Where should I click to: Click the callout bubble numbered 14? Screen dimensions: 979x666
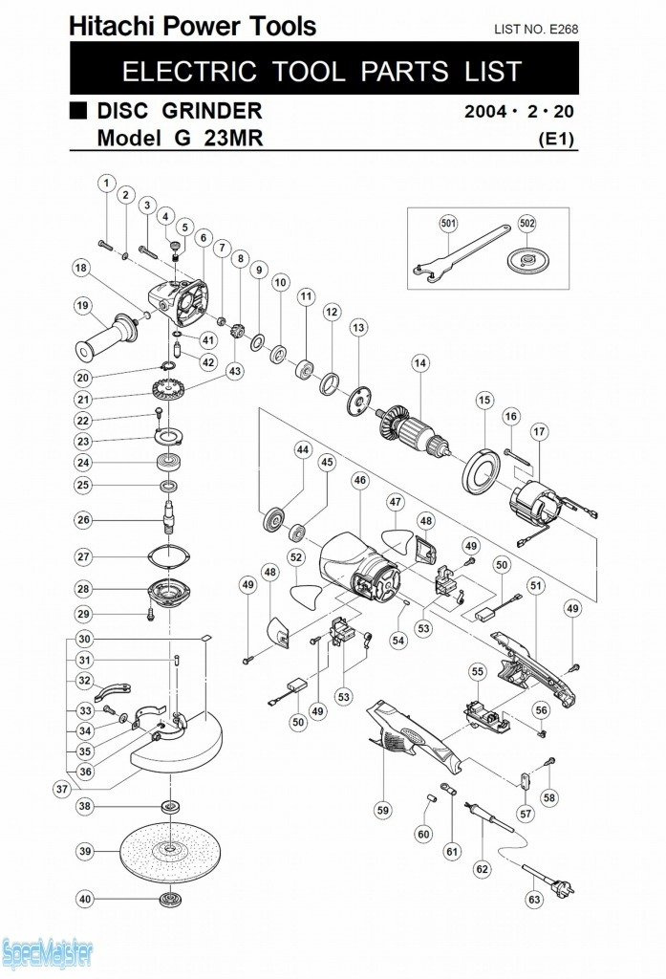pyautogui.click(x=419, y=362)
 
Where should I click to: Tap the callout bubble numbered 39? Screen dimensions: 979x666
pyautogui.click(x=84, y=850)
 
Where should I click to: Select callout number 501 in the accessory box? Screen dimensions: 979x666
pyautogui.click(x=448, y=224)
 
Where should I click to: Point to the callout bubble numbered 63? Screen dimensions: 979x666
pyautogui.click(x=534, y=899)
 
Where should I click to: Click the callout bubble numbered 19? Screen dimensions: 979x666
pyautogui.click(x=83, y=305)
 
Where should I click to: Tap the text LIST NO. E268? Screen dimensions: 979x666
pyautogui.click(x=535, y=30)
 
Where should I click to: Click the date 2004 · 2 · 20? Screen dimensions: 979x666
pyautogui.click(x=520, y=112)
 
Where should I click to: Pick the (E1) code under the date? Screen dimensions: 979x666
pyautogui.click(x=556, y=138)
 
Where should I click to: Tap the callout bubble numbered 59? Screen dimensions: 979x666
pyautogui.click(x=383, y=810)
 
